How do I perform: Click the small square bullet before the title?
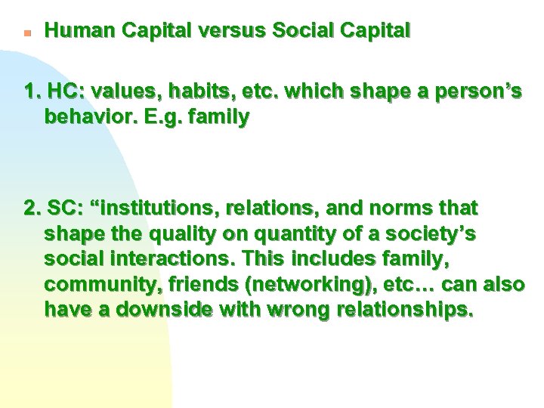pyautogui.click(x=26, y=33)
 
